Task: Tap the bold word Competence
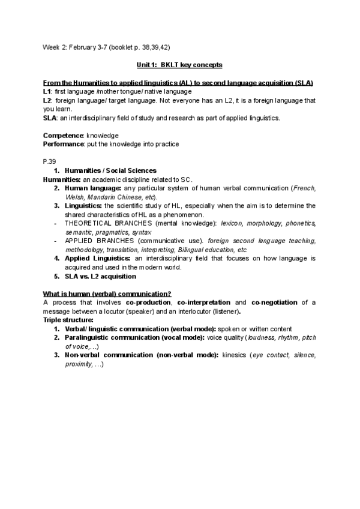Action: (x=62, y=136)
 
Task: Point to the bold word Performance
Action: (x=65, y=145)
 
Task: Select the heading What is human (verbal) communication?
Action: (x=107, y=294)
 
